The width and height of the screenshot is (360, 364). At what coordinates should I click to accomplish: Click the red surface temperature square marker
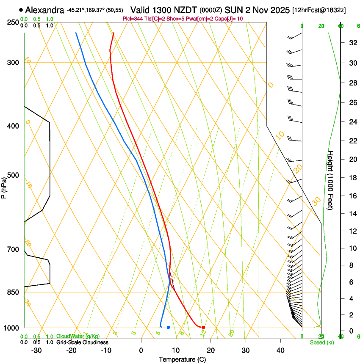pos(204,327)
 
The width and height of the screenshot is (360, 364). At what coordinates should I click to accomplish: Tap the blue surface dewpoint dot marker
pos(168,327)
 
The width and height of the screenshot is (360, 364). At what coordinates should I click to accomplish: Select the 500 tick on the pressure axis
pos(12,175)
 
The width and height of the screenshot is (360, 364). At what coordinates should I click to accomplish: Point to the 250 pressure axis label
pos(12,22)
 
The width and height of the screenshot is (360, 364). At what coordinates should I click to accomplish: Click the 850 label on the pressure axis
pos(12,292)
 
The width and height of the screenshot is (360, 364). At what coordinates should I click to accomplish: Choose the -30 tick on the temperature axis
pos(36,350)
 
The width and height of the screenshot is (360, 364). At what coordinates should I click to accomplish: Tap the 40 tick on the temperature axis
pos(280,350)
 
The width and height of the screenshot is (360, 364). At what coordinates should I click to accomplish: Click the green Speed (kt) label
pos(321,342)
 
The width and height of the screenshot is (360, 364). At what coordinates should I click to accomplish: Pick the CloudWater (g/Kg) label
pos(78,336)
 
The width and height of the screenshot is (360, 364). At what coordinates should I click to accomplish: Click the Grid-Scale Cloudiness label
pos(82,342)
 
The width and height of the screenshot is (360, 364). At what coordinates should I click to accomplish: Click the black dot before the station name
pos(21,10)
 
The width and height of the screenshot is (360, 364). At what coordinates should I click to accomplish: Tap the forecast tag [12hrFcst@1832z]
pos(319,10)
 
